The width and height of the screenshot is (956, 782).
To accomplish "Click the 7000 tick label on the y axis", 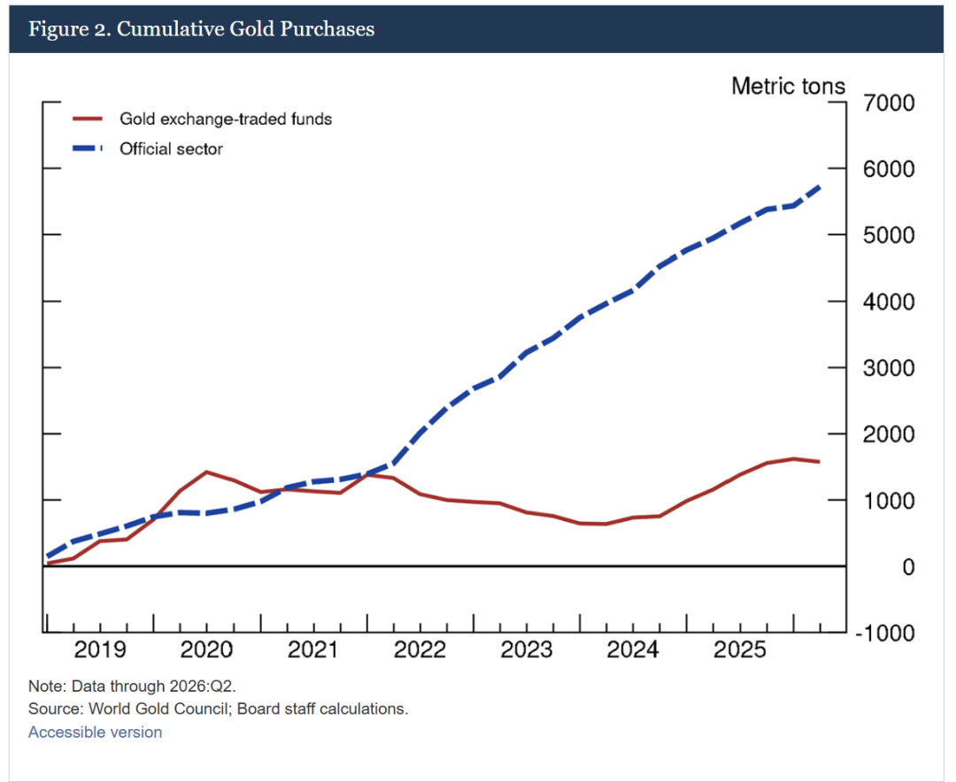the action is pyautogui.click(x=889, y=103).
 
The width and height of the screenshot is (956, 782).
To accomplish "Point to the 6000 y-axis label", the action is pyautogui.click(x=889, y=169).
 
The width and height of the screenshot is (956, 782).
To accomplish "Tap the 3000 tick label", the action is pyautogui.click(x=889, y=368).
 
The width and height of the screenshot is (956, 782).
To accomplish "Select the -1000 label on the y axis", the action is pyautogui.click(x=884, y=633).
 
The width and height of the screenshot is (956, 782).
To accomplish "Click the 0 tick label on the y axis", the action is pyautogui.click(x=908, y=567).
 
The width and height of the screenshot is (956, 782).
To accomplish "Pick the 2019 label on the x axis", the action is pyautogui.click(x=100, y=649).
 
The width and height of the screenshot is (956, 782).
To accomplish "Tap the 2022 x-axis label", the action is pyautogui.click(x=420, y=649).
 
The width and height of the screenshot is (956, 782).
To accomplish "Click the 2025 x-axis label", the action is pyautogui.click(x=739, y=649).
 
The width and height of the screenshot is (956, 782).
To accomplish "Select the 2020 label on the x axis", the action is pyautogui.click(x=206, y=649).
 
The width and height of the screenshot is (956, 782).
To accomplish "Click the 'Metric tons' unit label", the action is pyautogui.click(x=789, y=86).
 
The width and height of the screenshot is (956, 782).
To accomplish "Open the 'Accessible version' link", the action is pyautogui.click(x=95, y=732).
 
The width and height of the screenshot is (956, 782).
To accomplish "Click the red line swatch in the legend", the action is pyautogui.click(x=87, y=119).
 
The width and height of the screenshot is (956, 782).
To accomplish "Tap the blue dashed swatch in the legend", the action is pyautogui.click(x=87, y=149).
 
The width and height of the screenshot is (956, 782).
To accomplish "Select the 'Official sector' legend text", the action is pyautogui.click(x=172, y=149).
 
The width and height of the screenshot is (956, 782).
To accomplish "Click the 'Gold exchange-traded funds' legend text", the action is pyautogui.click(x=226, y=119).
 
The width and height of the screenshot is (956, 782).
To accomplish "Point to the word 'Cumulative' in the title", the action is pyautogui.click(x=170, y=28).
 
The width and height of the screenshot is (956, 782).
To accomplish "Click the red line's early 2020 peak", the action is pyautogui.click(x=206, y=471).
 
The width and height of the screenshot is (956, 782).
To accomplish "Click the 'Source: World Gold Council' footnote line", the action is pyautogui.click(x=219, y=709).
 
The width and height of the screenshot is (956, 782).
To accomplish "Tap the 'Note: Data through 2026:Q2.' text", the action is pyautogui.click(x=132, y=686).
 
